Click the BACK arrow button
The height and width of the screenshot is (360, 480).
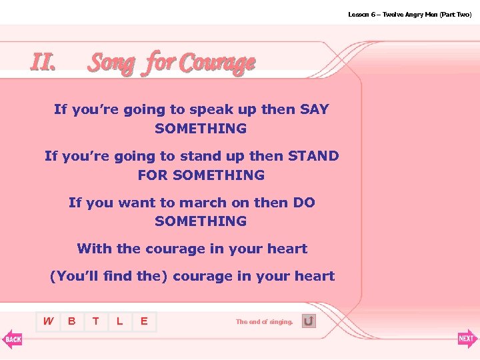point(13,339)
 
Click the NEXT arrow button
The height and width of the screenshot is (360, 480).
point(467,339)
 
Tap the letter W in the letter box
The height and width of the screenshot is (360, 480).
point(48,321)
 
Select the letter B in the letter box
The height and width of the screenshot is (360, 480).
point(71,321)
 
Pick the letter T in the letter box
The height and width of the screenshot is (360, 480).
point(96,321)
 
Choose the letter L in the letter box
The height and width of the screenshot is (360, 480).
point(119,321)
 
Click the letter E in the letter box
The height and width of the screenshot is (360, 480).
point(143,321)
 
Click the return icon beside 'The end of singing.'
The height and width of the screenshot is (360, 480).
point(309,321)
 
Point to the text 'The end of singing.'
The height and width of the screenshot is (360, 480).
point(264,322)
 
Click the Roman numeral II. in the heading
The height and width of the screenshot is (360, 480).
point(43,61)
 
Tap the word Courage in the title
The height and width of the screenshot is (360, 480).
point(217,63)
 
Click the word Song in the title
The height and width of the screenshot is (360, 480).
point(112,63)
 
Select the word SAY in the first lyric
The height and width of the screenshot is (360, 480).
point(315,109)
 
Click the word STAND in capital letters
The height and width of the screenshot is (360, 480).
point(313,156)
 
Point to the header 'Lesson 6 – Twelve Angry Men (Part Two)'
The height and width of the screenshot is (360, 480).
point(409,14)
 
